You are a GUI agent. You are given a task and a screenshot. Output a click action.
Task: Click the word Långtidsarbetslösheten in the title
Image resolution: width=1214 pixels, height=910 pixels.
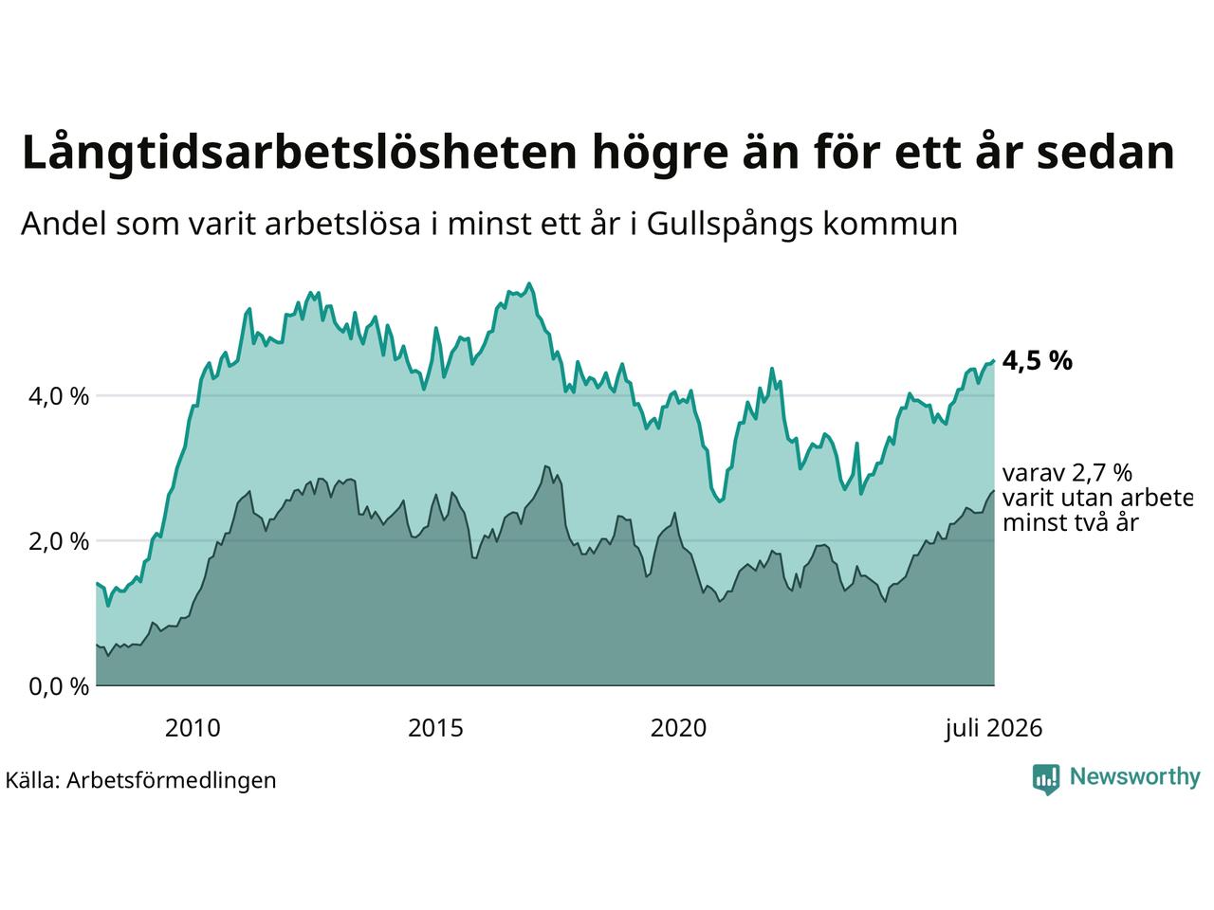tap(299, 153)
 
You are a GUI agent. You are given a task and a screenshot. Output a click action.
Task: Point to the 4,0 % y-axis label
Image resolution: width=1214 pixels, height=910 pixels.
tap(59, 397)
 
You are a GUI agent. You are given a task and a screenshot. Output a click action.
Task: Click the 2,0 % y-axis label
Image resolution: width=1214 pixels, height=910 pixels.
tap(59, 541)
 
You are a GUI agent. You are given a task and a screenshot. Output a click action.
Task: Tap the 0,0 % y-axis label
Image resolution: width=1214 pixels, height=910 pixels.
tap(59, 687)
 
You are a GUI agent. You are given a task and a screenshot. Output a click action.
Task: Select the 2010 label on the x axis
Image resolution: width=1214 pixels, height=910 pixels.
tap(193, 728)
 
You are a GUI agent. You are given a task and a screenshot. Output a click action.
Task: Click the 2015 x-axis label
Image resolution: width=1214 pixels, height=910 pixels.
tap(435, 728)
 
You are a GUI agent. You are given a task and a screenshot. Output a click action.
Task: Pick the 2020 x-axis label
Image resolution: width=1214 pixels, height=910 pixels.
tap(678, 728)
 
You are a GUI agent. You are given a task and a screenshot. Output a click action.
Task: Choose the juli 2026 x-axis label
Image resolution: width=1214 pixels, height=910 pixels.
tap(993, 729)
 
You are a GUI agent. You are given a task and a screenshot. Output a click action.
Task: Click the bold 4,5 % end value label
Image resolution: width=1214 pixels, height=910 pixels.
tap(1037, 361)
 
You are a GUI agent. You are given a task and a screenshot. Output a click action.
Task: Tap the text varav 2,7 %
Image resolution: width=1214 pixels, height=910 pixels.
tap(1067, 473)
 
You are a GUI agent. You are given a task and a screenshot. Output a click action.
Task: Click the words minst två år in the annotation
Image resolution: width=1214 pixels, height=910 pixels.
tap(1070, 522)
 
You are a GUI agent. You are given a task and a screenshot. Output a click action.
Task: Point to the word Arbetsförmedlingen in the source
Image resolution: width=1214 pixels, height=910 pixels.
tap(171, 781)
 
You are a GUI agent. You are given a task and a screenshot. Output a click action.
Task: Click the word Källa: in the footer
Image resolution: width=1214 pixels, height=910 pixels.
tap(32, 780)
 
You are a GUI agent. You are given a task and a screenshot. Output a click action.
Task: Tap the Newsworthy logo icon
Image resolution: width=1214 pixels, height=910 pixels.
tap(1046, 779)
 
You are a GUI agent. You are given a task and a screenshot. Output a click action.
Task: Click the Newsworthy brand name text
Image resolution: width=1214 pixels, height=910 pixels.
tap(1135, 777)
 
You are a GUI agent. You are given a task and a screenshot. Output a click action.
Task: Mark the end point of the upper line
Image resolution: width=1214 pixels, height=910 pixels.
tap(994, 361)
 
